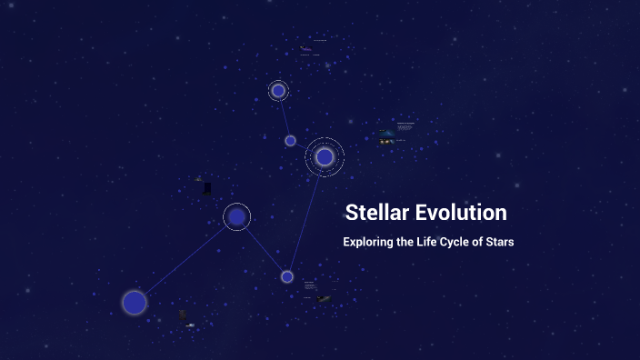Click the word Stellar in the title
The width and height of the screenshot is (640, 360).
375,213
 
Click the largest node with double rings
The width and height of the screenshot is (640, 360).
325,157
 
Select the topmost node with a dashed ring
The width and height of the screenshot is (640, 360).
278,91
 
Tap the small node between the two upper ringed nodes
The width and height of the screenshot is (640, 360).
290,141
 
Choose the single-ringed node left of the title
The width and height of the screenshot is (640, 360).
236,216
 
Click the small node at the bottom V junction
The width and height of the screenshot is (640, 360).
287,276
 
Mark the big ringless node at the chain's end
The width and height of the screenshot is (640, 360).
135,302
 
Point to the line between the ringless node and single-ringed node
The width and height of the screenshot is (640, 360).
185,259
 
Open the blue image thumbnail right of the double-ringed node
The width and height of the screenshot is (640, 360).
388,137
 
